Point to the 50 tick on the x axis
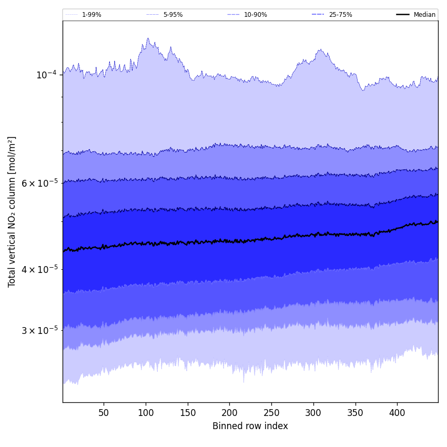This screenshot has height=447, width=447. pos(104,413)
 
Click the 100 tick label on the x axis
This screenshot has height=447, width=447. pos(146,413)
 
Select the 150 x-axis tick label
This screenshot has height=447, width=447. pos(188,413)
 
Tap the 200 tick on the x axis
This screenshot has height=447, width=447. pos(229,413)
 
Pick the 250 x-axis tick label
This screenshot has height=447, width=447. pos(271,413)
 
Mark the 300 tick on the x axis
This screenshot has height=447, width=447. pos(313,413)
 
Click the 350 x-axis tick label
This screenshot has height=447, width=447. pos(355,413)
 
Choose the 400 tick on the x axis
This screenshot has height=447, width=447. pos(397,413)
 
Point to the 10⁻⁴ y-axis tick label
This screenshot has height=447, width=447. pos(46,75)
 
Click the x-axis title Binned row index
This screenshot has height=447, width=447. pos(250,426)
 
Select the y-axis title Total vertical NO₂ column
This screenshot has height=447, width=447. pos(12,211)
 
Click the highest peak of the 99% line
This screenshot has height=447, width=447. pos(148,38)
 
